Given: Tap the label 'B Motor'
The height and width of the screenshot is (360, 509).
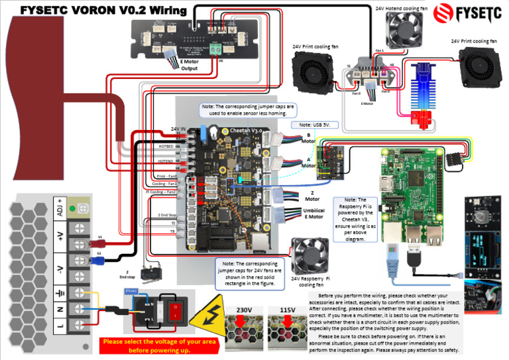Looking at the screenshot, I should tap(308, 137).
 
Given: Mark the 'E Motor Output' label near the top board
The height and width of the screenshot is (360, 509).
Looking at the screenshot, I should tap(189, 65).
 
